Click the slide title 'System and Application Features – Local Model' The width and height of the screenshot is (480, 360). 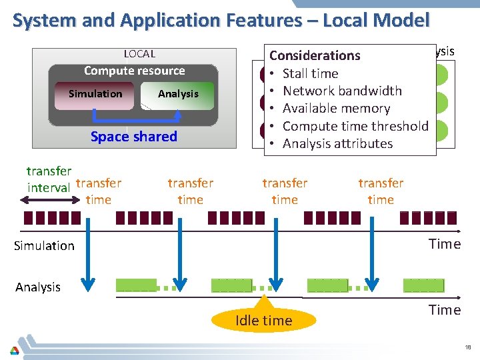(221, 21)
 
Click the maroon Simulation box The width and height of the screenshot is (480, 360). (95, 94)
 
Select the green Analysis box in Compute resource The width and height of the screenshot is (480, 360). (178, 95)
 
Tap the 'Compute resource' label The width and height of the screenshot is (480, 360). (134, 71)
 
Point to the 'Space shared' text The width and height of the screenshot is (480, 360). (134, 137)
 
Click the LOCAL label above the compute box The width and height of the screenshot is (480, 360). (139, 54)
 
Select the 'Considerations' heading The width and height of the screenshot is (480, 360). (315, 56)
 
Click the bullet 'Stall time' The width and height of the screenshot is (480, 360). (310, 73)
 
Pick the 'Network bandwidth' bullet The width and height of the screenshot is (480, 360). (342, 91)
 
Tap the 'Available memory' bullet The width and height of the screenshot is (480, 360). (336, 108)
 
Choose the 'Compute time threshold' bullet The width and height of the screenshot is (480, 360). (355, 126)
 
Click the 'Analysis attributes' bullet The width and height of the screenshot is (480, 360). (337, 143)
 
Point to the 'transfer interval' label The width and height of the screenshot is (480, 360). (49, 179)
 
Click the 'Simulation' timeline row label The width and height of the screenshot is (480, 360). (44, 246)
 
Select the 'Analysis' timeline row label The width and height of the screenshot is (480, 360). (38, 287)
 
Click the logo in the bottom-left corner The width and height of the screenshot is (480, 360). (14, 350)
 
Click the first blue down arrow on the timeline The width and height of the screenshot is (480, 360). (87, 253)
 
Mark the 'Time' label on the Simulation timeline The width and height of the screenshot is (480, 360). (445, 244)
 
